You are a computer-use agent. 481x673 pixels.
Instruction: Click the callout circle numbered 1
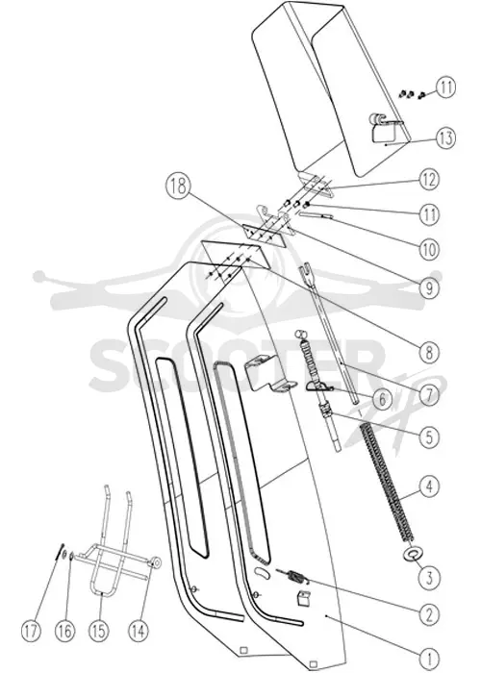[x=429, y=658]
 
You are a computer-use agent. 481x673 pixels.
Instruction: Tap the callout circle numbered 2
[x=429, y=614]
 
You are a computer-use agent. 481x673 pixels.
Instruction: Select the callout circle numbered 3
[x=429, y=578]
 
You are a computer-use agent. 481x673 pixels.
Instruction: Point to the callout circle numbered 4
[x=429, y=486]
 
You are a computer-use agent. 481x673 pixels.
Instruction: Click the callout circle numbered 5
[x=429, y=436]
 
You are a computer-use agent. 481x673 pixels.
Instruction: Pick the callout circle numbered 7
[x=429, y=395]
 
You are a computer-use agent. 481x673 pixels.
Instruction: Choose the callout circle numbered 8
[x=429, y=353]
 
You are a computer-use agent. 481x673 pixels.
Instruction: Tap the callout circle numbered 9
[x=429, y=288]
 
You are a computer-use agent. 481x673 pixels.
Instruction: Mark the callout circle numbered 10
[x=429, y=249]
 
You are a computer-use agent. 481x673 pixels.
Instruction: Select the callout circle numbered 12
[x=429, y=180]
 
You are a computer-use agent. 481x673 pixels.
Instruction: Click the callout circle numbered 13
[x=445, y=138]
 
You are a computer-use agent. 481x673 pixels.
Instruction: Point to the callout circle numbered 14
[x=139, y=632]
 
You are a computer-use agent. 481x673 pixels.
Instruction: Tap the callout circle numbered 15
[x=98, y=632]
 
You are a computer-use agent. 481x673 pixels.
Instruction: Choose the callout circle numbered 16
[x=65, y=632]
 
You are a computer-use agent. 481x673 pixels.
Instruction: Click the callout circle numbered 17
[x=32, y=632]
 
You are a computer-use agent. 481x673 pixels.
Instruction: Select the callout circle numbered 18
[x=177, y=187]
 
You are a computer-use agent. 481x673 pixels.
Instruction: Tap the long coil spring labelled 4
[x=389, y=481]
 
